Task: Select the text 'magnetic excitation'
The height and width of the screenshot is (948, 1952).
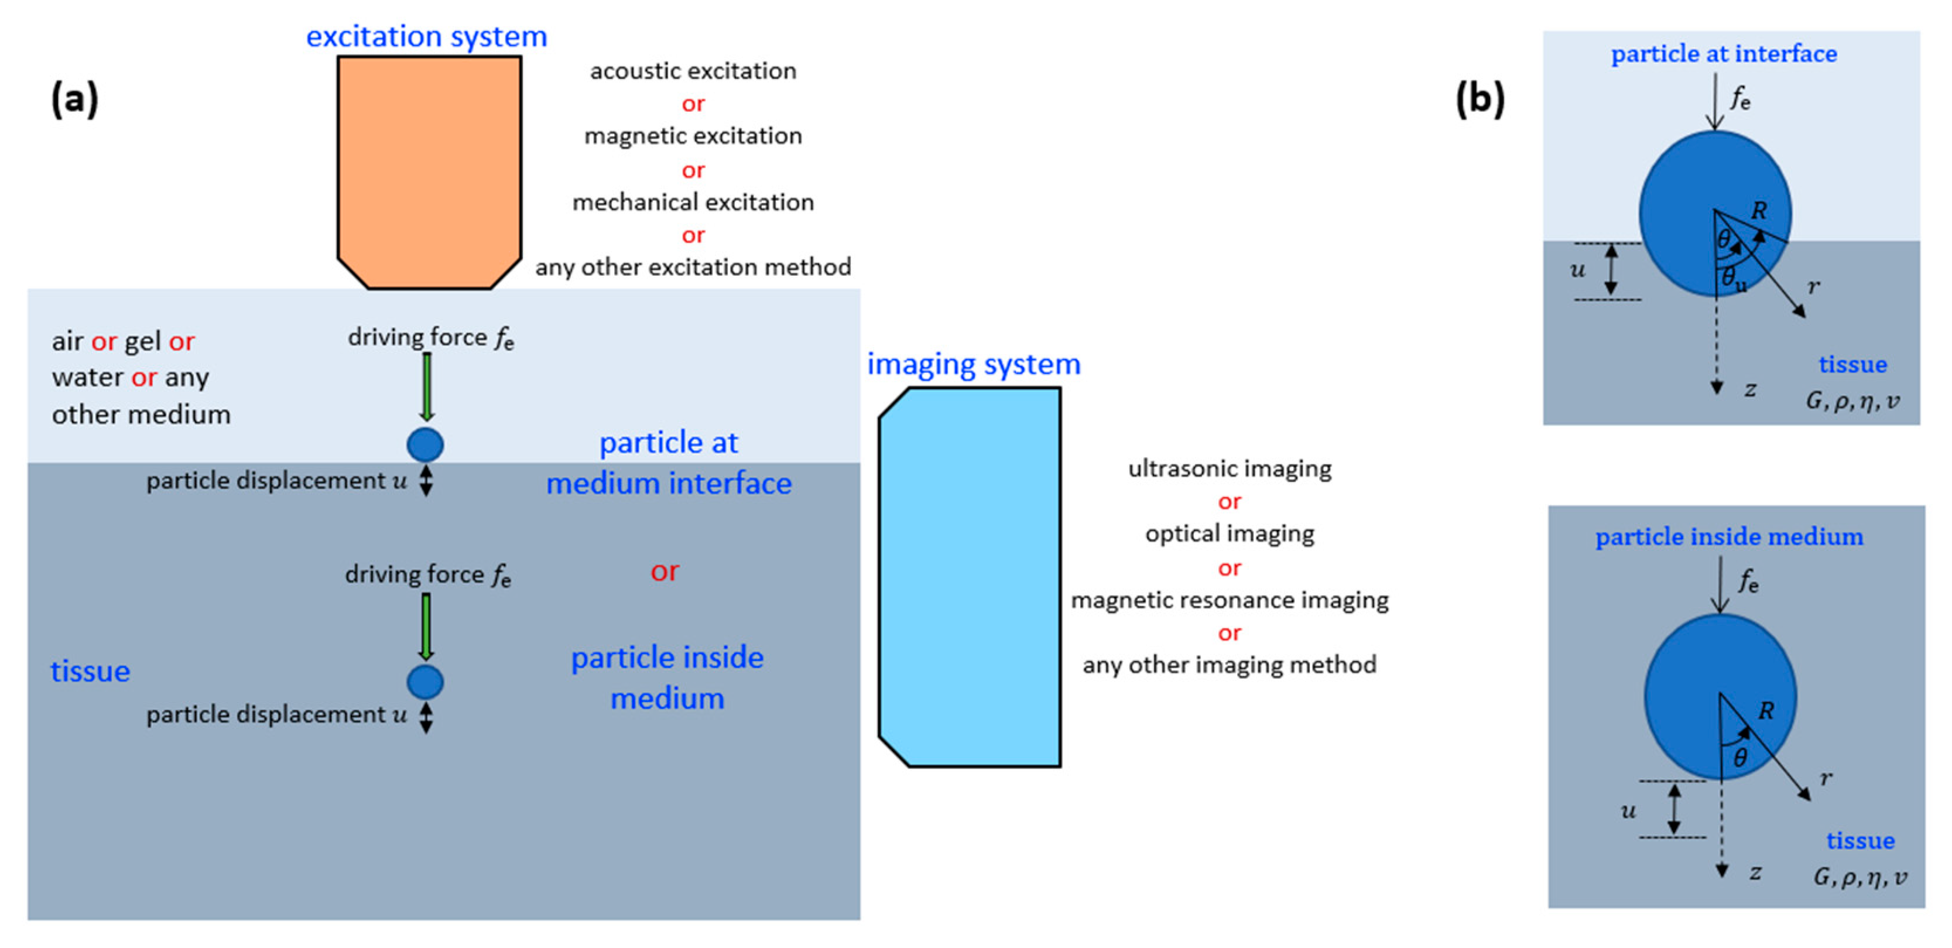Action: tap(693, 136)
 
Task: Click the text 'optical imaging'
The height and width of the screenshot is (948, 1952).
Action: tap(1229, 534)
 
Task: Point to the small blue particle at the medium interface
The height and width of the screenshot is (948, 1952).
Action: tap(425, 445)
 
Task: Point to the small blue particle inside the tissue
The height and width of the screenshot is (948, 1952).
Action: tap(425, 682)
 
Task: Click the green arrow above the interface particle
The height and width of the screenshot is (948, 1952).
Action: tap(427, 387)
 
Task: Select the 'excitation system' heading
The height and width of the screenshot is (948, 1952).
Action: tap(427, 36)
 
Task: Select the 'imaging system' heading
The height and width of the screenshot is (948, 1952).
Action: tap(974, 364)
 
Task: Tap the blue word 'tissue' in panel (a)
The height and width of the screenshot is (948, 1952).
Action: tap(90, 672)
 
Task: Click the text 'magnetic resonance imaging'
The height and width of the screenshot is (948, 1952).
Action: tap(1229, 600)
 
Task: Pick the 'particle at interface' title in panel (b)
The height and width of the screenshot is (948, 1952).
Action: tap(1724, 54)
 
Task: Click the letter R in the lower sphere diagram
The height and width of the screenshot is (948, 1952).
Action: tap(1766, 710)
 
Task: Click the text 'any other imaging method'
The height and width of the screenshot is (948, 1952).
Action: tap(1229, 665)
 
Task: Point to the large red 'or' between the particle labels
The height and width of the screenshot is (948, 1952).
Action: tap(665, 571)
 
